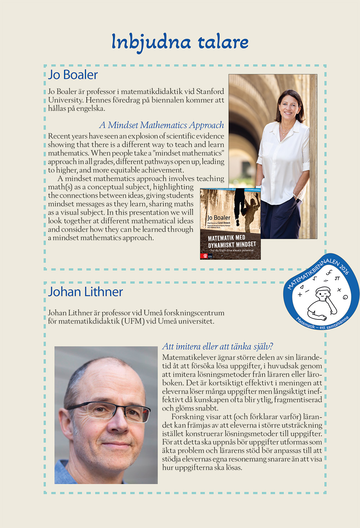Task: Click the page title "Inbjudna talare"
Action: tap(180, 42)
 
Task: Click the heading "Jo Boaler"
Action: tap(73, 75)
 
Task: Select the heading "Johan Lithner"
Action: tap(86, 292)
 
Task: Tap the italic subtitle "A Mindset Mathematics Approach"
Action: tap(162, 125)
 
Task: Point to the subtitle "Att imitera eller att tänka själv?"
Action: tap(217, 346)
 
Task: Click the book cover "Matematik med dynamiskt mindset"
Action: tap(230, 224)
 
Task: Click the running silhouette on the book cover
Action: tap(240, 202)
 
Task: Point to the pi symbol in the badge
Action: tap(337, 278)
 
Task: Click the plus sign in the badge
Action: tap(300, 295)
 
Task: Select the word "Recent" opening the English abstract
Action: tap(59, 136)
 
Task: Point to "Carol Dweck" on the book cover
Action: tap(224, 223)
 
